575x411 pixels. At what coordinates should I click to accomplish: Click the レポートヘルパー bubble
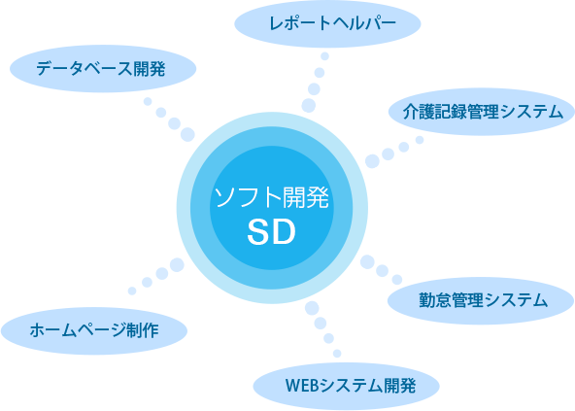(327, 23)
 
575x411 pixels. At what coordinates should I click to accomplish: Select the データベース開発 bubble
(103, 69)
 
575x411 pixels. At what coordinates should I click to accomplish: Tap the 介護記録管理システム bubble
(482, 112)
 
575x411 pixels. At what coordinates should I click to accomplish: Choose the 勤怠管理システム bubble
(481, 300)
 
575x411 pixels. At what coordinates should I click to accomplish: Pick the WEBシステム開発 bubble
(346, 386)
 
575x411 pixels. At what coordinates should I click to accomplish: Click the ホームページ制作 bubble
(94, 330)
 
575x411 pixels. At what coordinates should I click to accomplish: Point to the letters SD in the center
(271, 232)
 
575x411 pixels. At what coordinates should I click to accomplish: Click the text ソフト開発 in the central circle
(271, 197)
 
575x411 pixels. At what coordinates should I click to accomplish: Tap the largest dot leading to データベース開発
(187, 135)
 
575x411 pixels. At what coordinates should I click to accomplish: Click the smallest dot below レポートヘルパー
(325, 56)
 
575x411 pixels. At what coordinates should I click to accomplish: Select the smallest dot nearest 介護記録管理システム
(420, 140)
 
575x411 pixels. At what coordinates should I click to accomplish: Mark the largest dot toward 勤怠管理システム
(367, 262)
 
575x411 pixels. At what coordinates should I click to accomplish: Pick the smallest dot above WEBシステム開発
(337, 354)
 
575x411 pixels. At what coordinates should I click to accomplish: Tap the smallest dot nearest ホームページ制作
(132, 291)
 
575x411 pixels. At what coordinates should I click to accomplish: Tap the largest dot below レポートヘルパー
(309, 106)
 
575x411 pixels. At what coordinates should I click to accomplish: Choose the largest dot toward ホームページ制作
(177, 264)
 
